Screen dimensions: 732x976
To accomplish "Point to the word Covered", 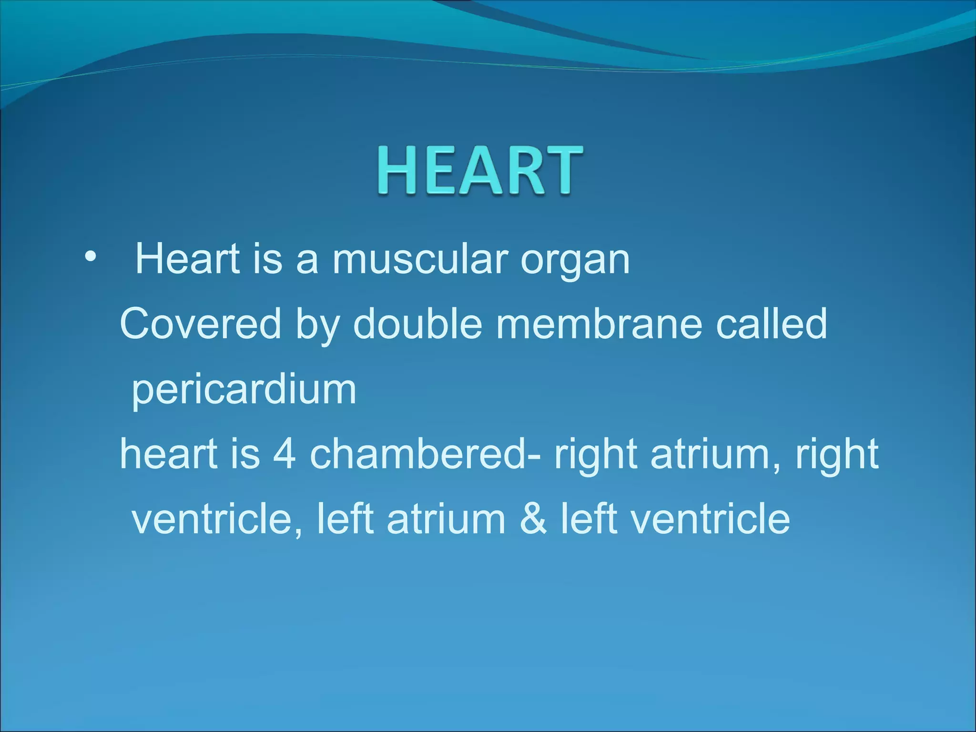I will pos(201,324).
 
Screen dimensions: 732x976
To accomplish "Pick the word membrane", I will pos(599,324).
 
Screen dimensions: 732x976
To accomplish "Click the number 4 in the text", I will pos(285,454).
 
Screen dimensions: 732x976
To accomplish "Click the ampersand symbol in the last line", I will pos(533,518).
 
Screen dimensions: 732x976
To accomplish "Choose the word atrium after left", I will pos(446,518).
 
